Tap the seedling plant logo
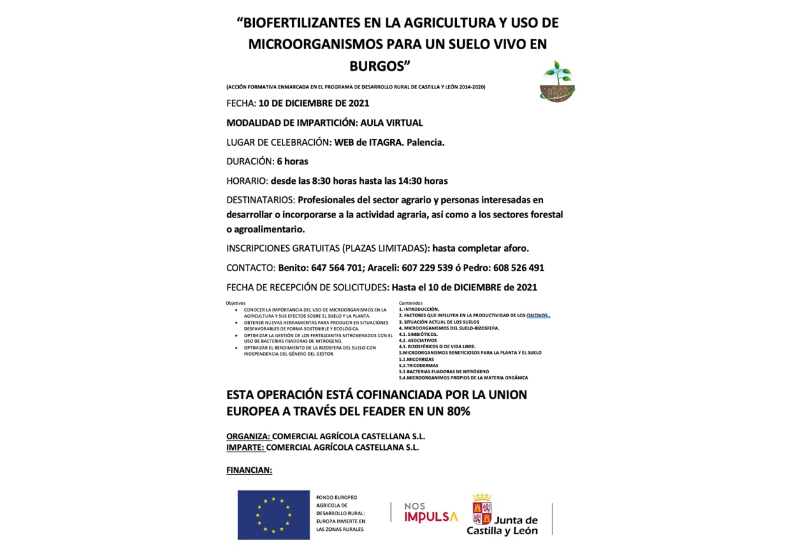pyautogui.click(x=557, y=82)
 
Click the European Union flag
pyautogui.click(x=273, y=515)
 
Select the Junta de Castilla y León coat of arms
pyautogui.click(x=482, y=508)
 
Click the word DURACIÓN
pyautogui.click(x=249, y=161)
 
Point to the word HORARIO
pyautogui.click(x=248, y=181)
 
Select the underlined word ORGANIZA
pyautogui.click(x=248, y=437)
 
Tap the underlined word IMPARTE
pyautogui.click(x=245, y=447)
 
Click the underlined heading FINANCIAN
pyautogui.click(x=249, y=470)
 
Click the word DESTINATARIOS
pyautogui.click(x=261, y=200)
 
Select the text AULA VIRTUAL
pyautogui.click(x=391, y=123)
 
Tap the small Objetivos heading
pyautogui.click(x=236, y=303)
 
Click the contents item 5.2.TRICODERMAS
pyautogui.click(x=418, y=366)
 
